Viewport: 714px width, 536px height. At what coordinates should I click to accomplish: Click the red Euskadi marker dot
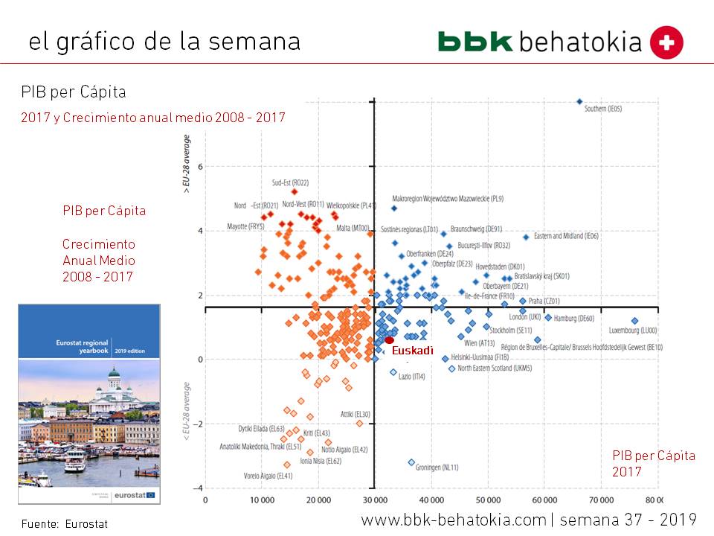coord(389,340)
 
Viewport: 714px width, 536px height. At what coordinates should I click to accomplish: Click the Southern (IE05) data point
coord(579,102)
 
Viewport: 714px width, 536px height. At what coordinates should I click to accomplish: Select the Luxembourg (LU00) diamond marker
coord(634,321)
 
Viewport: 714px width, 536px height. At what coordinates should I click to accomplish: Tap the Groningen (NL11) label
coord(438,468)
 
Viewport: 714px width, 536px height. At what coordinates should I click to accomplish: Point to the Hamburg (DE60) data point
coord(548,317)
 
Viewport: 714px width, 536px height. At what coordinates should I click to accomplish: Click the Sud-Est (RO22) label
coord(290,182)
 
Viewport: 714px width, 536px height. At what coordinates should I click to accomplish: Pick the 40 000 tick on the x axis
coord(431,500)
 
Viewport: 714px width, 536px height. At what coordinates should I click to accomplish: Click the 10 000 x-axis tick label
coord(262,500)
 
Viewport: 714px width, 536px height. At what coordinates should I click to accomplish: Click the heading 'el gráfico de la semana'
coord(164,41)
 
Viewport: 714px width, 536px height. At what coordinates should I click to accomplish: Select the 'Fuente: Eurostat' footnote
coord(65,524)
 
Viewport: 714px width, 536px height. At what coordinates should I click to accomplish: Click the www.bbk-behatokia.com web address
coord(453,520)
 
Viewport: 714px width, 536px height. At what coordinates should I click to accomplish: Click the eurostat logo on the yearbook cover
coord(135,494)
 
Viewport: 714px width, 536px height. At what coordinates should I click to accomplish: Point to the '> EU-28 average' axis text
coord(187,165)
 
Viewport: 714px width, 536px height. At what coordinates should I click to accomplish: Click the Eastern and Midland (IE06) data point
coord(526,237)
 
